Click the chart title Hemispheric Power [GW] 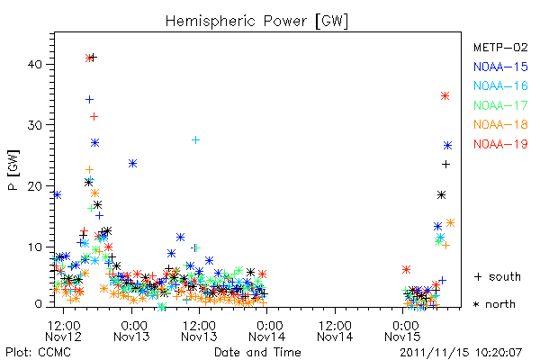click(x=256, y=22)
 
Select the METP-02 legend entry click(x=500, y=47)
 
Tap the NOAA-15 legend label click(x=500, y=67)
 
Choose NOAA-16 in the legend click(x=500, y=85)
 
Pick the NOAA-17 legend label click(x=500, y=105)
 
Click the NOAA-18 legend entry click(x=500, y=124)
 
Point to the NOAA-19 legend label click(x=500, y=144)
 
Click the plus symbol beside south click(x=478, y=276)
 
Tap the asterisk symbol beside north click(x=476, y=304)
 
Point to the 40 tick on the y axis click(x=35, y=65)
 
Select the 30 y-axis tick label click(x=35, y=125)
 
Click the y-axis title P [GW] click(x=13, y=170)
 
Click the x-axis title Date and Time click(x=257, y=352)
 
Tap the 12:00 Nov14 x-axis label click(x=335, y=331)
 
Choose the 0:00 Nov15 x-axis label click(x=402, y=331)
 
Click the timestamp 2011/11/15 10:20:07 click(x=461, y=353)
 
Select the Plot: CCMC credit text click(x=38, y=352)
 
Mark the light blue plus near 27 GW click(x=195, y=139)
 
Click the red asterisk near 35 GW click(x=445, y=95)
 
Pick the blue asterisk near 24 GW click(x=132, y=163)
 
